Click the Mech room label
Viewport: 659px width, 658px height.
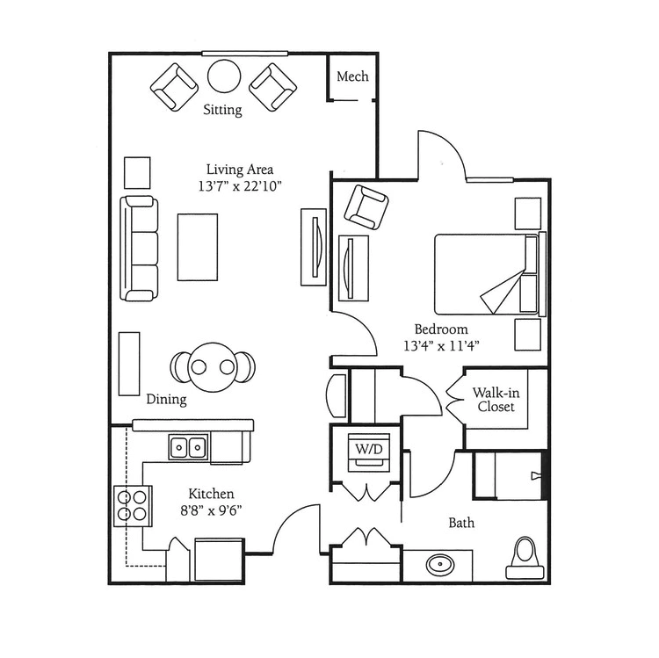352,76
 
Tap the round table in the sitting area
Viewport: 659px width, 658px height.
224,76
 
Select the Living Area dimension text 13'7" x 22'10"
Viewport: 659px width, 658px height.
240,185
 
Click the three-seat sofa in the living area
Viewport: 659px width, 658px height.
139,249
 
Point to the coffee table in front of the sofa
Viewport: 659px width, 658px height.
198,247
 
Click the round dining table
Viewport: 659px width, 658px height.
213,367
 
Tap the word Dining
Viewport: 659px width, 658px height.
166,399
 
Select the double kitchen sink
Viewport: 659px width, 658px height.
188,446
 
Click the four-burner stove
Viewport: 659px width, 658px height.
133,505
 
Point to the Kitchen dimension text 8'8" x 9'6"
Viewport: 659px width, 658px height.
211,510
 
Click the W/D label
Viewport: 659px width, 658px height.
369,449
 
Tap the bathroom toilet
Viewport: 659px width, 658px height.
525,559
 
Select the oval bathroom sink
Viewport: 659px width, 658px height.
440,565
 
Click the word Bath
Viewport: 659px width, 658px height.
461,523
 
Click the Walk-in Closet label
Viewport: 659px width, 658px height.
496,400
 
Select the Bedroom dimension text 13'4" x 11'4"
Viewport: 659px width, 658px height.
441,346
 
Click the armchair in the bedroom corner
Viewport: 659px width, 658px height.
366,207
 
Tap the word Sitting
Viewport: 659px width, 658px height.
223,110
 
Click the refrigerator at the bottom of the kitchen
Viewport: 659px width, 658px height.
220,560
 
